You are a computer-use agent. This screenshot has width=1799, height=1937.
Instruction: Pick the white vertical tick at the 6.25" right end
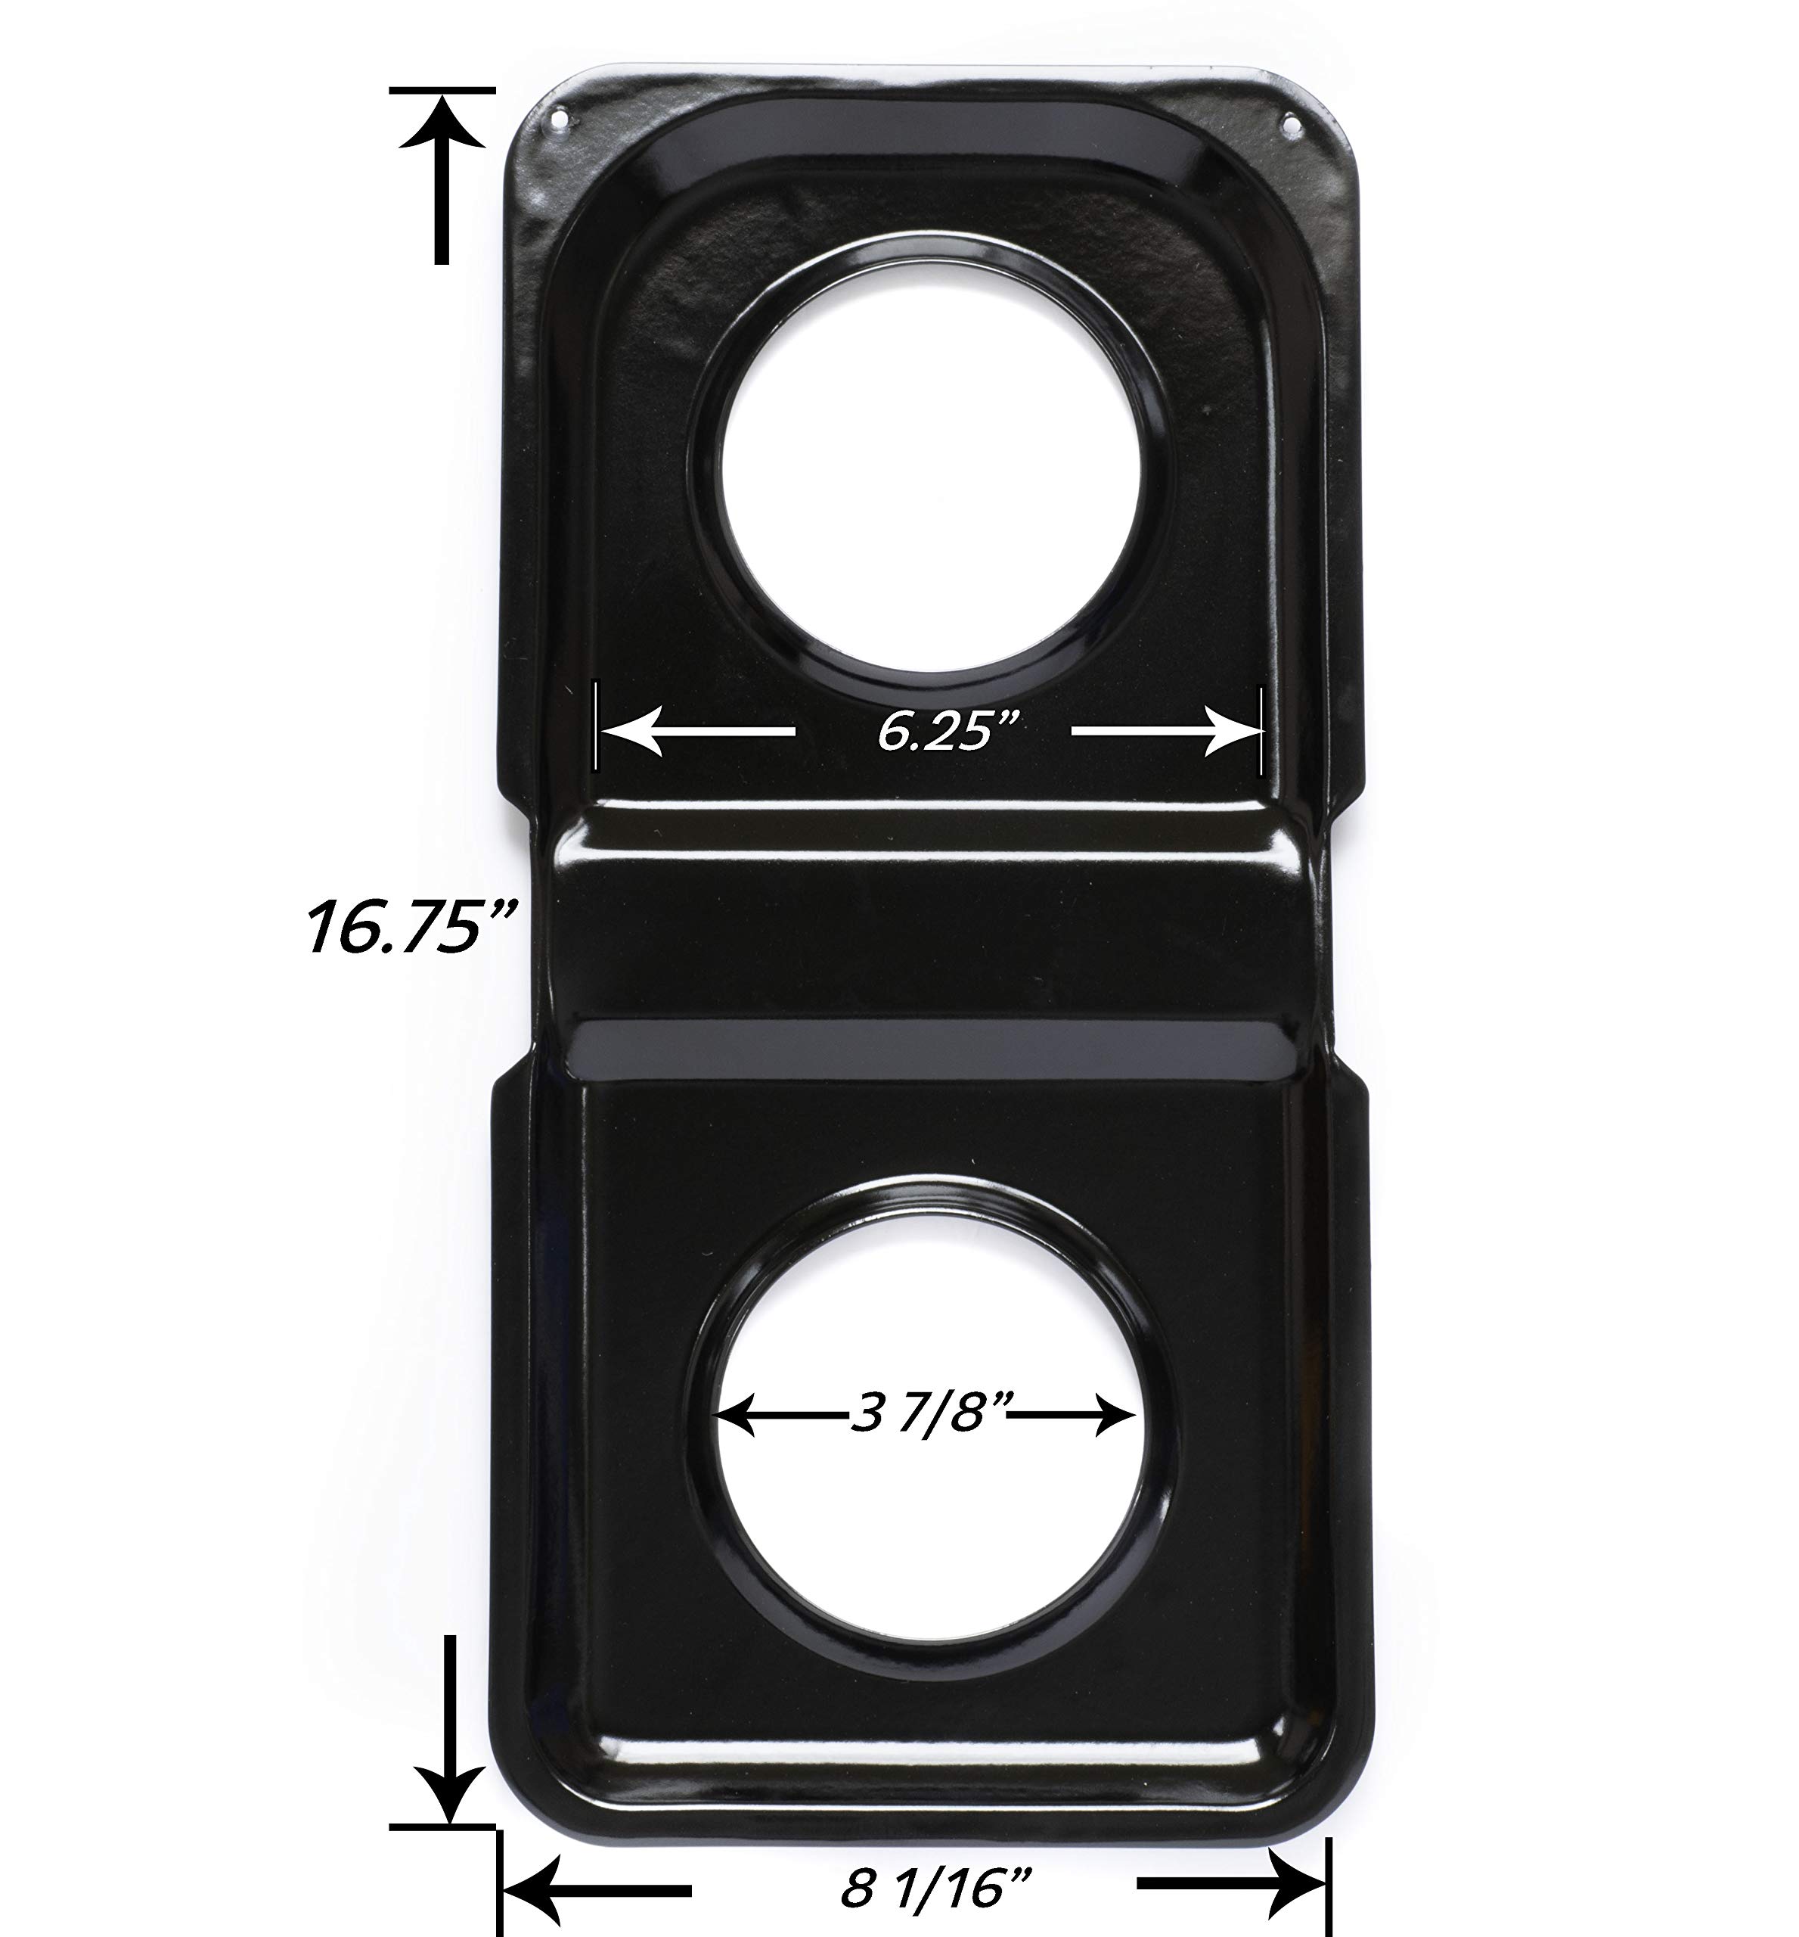[x=1261, y=730]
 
